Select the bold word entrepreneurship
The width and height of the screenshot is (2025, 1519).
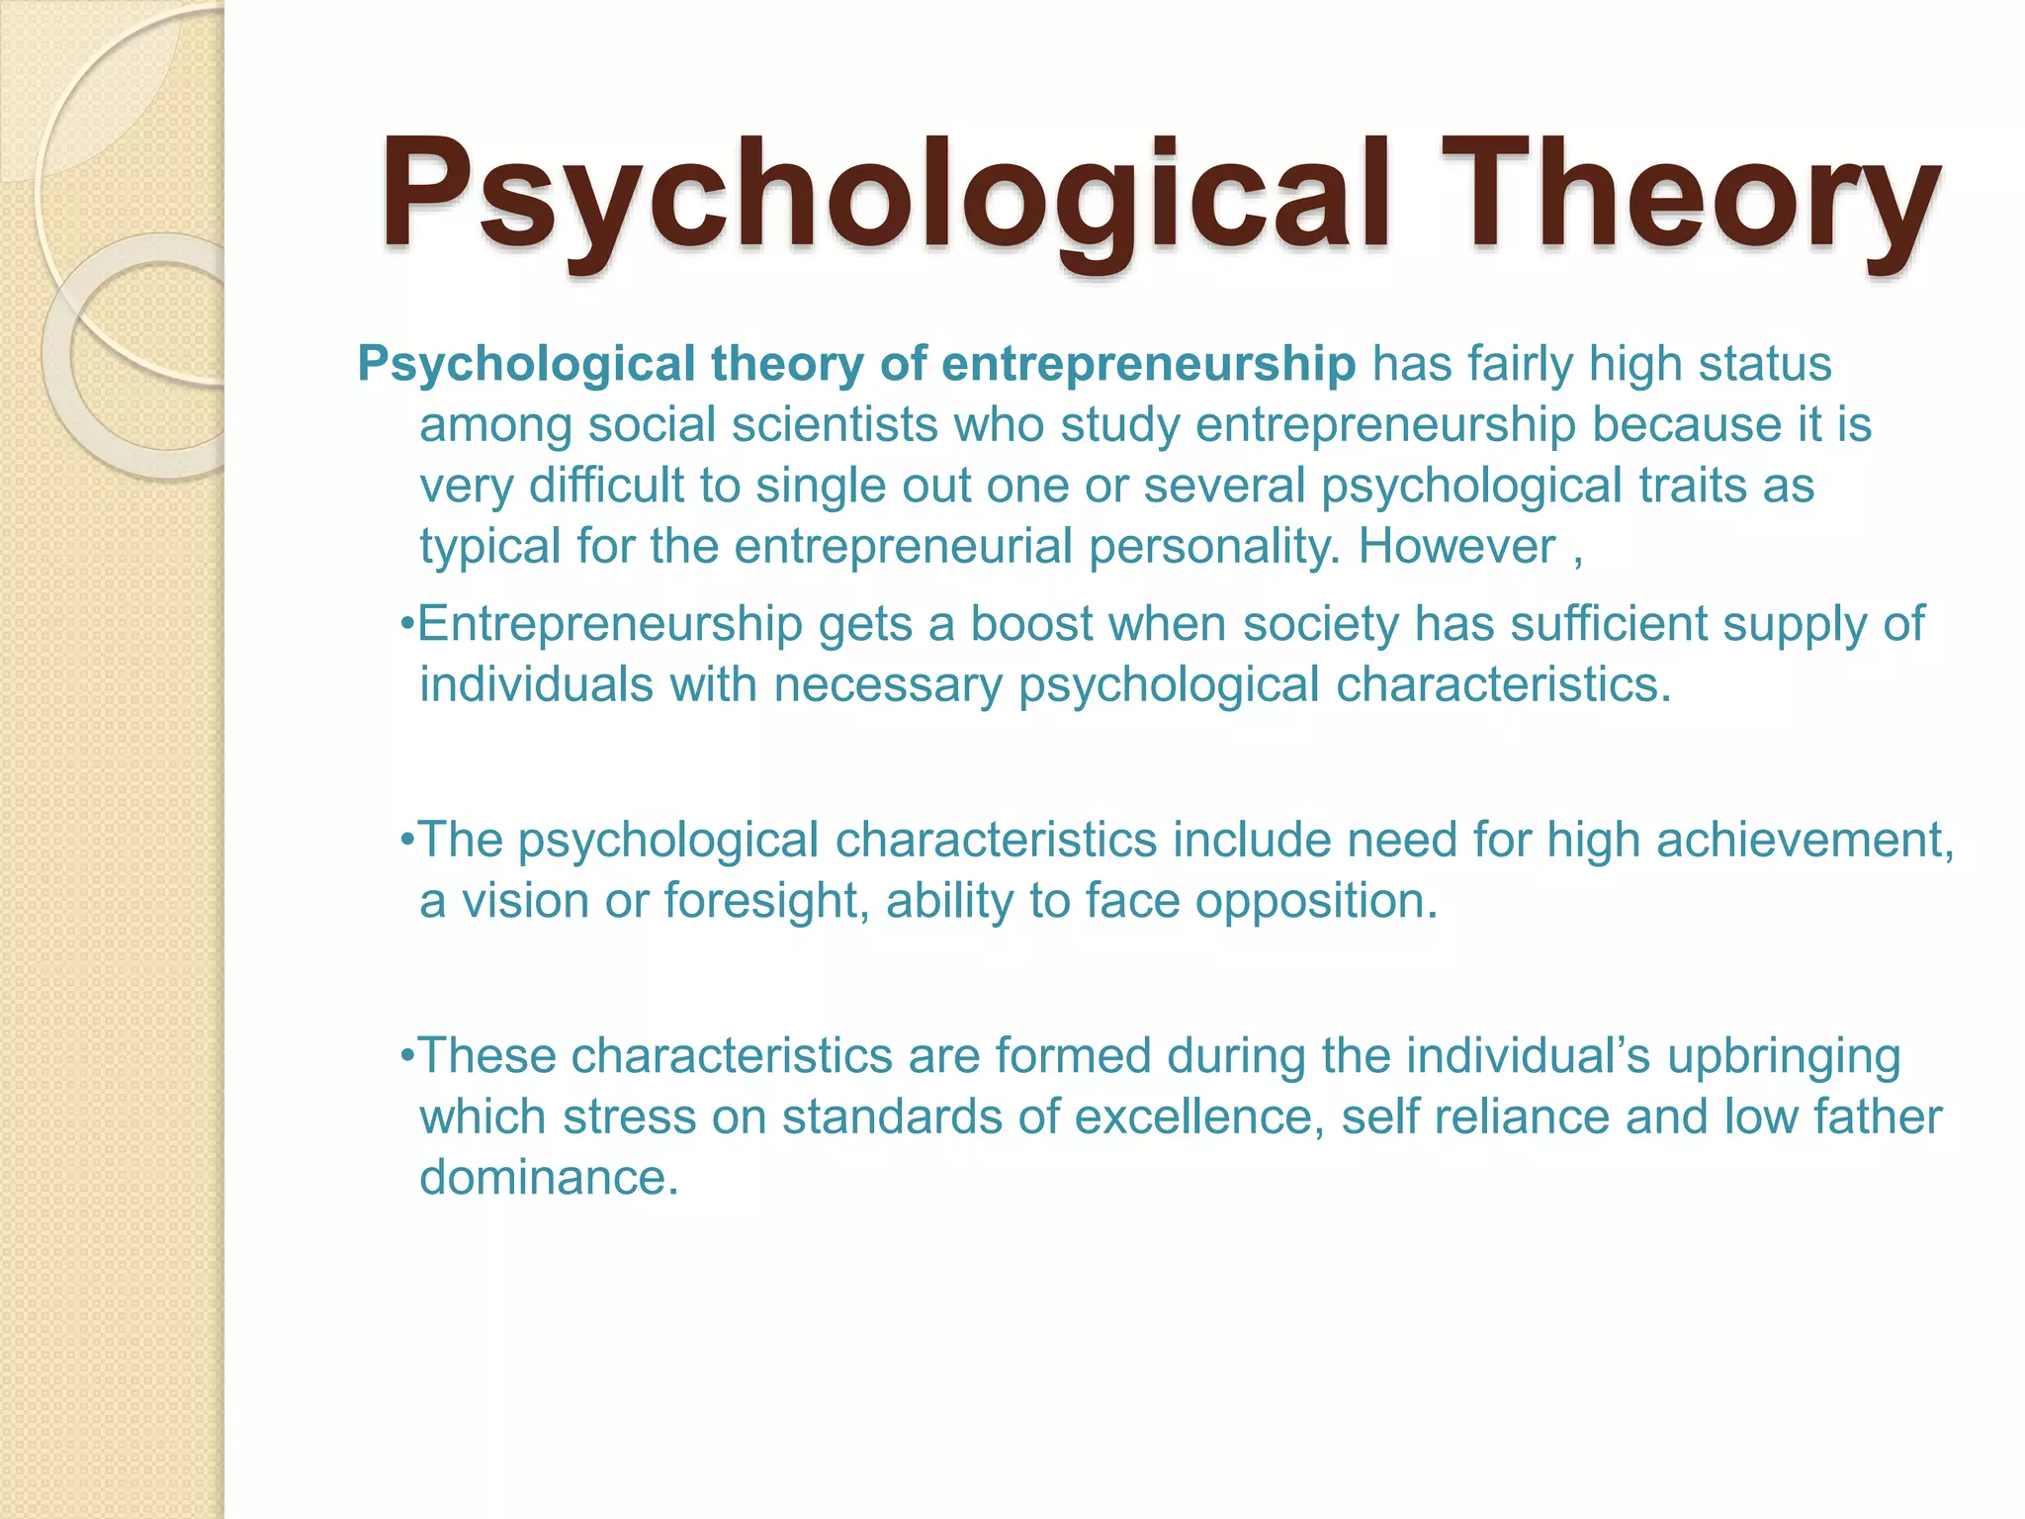pyautogui.click(x=1148, y=364)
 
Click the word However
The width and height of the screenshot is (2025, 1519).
pyautogui.click(x=1456, y=547)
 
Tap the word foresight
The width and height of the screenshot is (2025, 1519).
pyautogui.click(x=766, y=902)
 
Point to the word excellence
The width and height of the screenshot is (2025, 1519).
pyautogui.click(x=1199, y=1117)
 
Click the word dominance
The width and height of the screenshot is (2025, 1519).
pyautogui.click(x=549, y=1178)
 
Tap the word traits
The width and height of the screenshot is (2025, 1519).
pyautogui.click(x=1692, y=487)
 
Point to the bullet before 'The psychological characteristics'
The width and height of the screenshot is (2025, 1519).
pyautogui.click(x=407, y=842)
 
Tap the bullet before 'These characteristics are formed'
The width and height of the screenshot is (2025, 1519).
pyautogui.click(x=407, y=1057)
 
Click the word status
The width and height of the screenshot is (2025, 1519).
pyautogui.click(x=1765, y=364)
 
